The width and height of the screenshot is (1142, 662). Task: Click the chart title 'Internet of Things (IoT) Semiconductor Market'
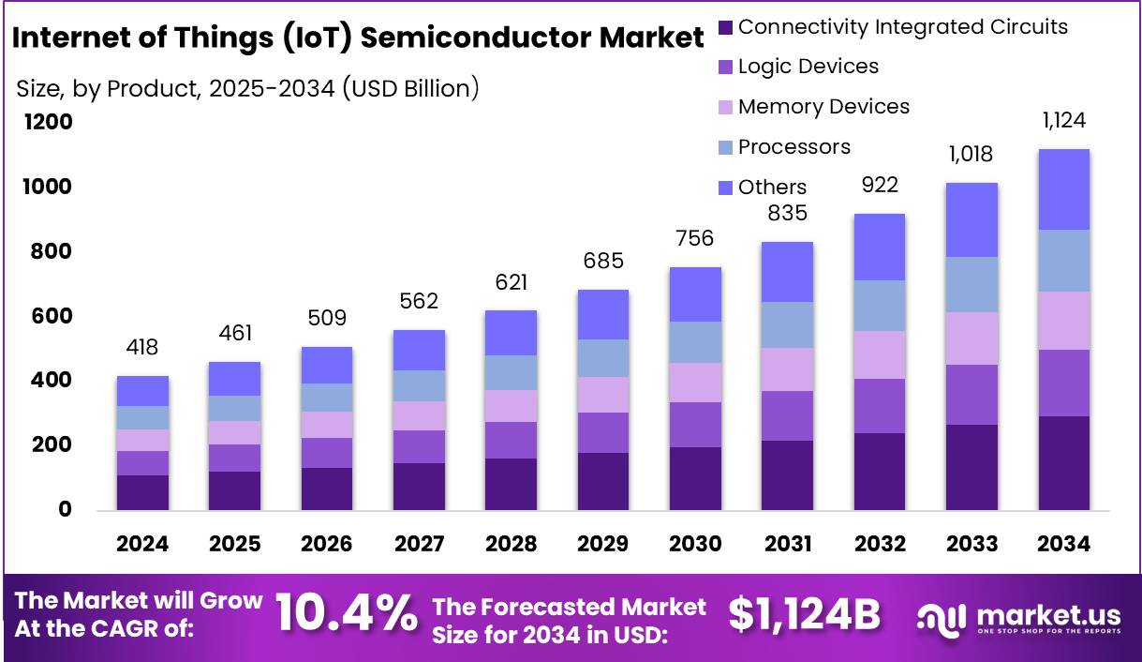coord(358,38)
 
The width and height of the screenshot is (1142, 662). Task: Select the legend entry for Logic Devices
coord(808,67)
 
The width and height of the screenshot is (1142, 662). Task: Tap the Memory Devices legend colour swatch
coord(725,108)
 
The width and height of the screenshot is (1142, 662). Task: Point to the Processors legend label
coord(793,147)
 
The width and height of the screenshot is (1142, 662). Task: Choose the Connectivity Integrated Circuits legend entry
coord(902,27)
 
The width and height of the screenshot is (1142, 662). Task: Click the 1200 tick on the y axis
coord(48,123)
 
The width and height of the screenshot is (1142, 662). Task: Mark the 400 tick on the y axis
coord(52,381)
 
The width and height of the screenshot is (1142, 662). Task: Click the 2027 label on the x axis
coord(419,544)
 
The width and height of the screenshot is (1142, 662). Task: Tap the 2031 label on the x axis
coord(787,544)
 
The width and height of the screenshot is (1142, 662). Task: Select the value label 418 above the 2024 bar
coord(142,348)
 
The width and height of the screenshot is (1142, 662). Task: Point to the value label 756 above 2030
coord(695,239)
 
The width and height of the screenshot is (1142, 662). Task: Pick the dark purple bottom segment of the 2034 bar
coord(1063,462)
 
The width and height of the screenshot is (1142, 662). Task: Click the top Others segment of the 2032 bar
coord(879,247)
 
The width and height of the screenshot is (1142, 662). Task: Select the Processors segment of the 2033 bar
coord(971,284)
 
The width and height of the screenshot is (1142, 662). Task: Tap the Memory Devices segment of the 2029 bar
coord(602,395)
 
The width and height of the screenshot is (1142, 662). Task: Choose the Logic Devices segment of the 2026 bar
coord(326,452)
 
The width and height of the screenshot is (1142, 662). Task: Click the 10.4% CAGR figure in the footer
coord(347,615)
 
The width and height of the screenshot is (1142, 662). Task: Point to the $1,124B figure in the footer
coord(804,615)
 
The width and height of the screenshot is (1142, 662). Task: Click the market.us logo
coord(1018,617)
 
